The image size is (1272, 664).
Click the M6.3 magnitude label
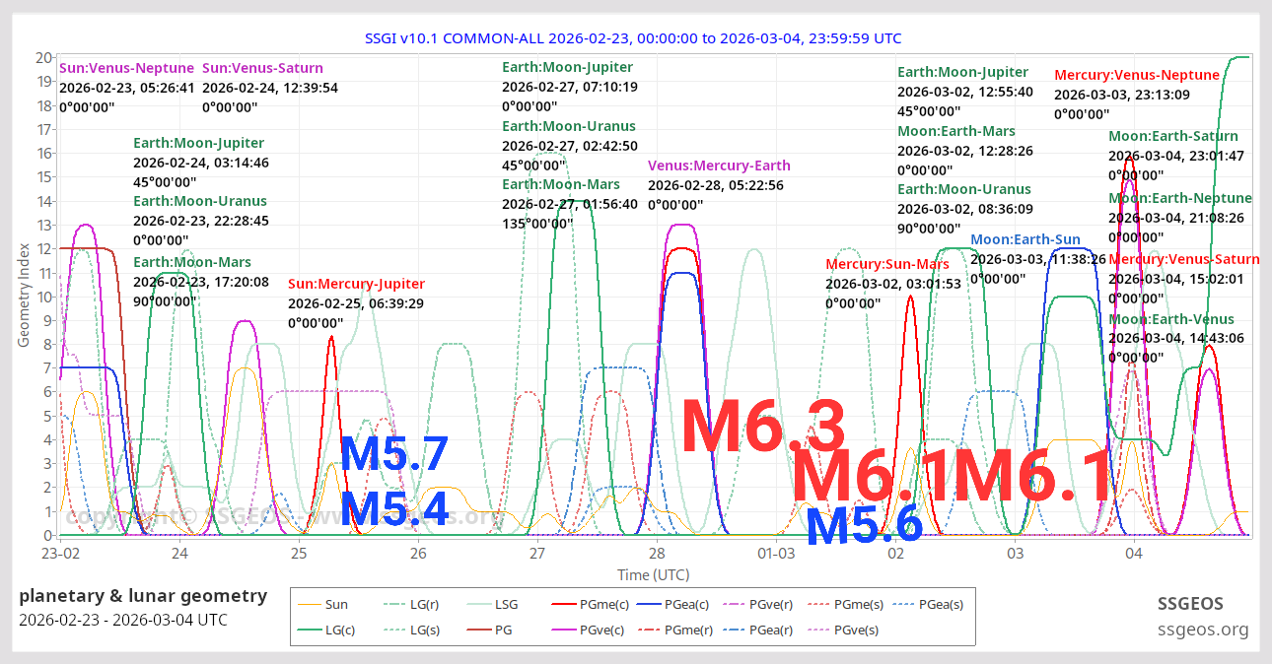point(763,426)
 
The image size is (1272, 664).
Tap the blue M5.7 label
point(394,454)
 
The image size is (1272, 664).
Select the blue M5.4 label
point(394,509)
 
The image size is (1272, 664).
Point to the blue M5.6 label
point(864,527)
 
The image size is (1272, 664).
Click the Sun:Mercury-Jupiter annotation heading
point(356,284)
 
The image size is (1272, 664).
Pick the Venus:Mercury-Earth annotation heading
point(719,166)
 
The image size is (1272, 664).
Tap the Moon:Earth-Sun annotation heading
point(1025,239)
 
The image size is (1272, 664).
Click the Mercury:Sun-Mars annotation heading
point(887,264)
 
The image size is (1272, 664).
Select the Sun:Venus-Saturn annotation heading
point(262,68)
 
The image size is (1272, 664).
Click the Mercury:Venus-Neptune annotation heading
point(1137,75)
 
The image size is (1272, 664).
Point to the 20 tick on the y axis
point(43,57)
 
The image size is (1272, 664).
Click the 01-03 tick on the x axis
point(776,555)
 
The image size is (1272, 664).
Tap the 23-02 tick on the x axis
point(60,555)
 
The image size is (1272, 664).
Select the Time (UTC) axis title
point(653,574)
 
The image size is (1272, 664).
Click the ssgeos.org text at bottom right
point(1202,630)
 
